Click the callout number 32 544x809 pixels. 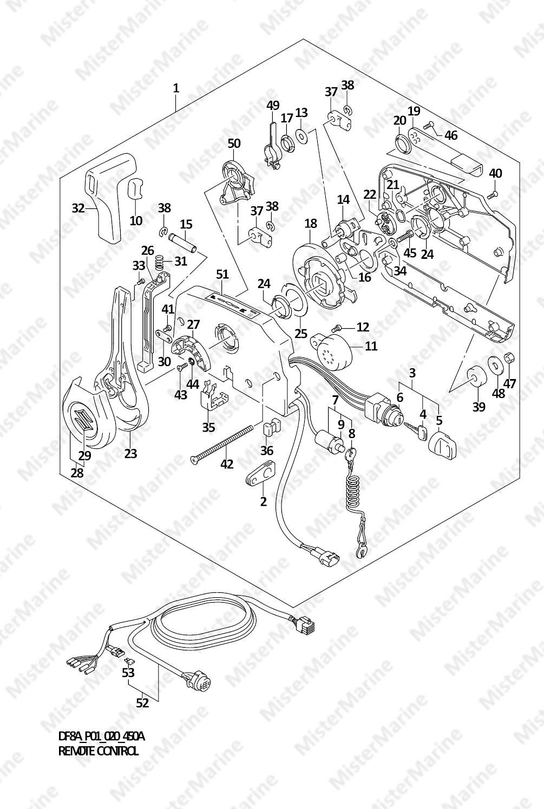pos(78,207)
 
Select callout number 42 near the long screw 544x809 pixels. pos(227,464)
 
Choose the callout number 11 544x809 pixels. pos(371,345)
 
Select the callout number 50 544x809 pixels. pos(234,143)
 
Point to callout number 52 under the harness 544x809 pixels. pos(142,702)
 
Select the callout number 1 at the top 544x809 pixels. pos(176,88)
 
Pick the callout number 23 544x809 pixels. pos(130,453)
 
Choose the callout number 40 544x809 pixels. pos(495,173)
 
